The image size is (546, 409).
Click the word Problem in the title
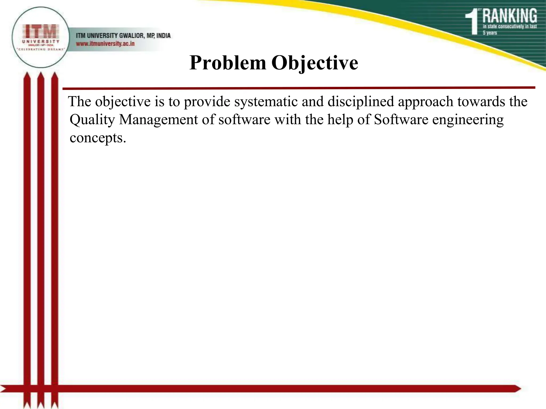pyautogui.click(x=228, y=63)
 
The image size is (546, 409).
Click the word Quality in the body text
pyautogui.click(x=92, y=120)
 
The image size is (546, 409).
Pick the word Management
pyautogui.click(x=158, y=120)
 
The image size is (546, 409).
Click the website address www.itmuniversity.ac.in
pyautogui.click(x=105, y=44)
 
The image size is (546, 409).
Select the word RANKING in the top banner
pyautogui.click(x=509, y=16)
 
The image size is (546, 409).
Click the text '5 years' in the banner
pyautogui.click(x=490, y=33)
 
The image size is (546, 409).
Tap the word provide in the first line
pyautogui.click(x=207, y=102)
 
